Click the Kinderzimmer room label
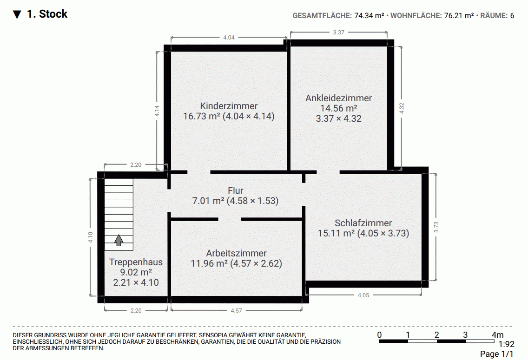pyautogui.click(x=229, y=106)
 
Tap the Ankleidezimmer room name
pyautogui.click(x=338, y=98)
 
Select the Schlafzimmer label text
pyautogui.click(x=363, y=223)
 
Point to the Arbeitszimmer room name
pyautogui.click(x=236, y=253)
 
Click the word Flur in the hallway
pyautogui.click(x=235, y=190)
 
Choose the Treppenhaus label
pyautogui.click(x=136, y=262)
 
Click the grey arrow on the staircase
pyautogui.click(x=119, y=240)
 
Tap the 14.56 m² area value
pyautogui.click(x=338, y=108)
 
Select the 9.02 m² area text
pyautogui.click(x=136, y=272)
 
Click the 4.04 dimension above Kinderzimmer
pyautogui.click(x=229, y=38)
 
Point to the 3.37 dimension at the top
pyautogui.click(x=338, y=33)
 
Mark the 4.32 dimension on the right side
pyautogui.click(x=402, y=108)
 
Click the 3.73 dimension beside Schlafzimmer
pyautogui.click(x=436, y=227)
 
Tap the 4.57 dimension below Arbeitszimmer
pyautogui.click(x=236, y=311)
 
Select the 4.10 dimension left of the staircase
pyautogui.click(x=91, y=237)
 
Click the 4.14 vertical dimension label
pyautogui.click(x=158, y=111)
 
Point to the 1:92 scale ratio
pyautogui.click(x=506, y=345)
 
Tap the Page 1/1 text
pyautogui.click(x=497, y=354)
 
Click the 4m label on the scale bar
pyautogui.click(x=497, y=335)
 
